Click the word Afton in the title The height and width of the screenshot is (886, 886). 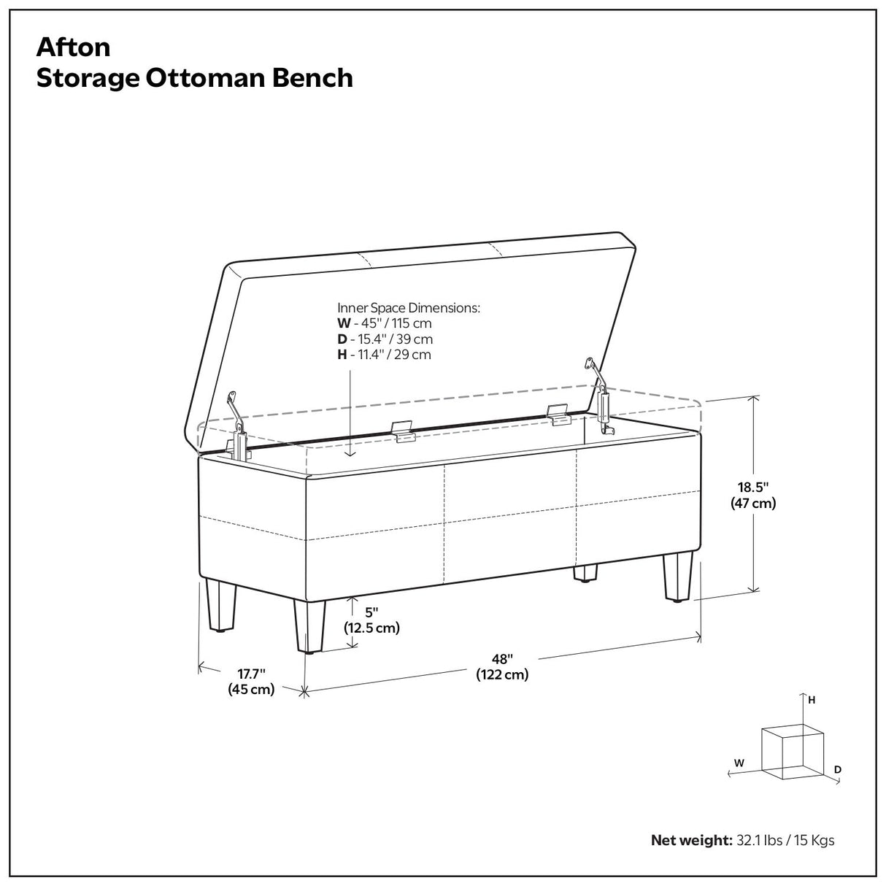click(x=74, y=47)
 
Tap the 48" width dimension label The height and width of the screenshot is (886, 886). click(x=502, y=659)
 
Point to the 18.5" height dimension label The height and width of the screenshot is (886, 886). click(x=752, y=486)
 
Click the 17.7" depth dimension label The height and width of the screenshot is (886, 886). click(x=250, y=673)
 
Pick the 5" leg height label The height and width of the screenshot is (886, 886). click(x=372, y=612)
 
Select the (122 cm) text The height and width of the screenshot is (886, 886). click(x=502, y=675)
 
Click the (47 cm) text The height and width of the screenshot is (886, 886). click(x=752, y=503)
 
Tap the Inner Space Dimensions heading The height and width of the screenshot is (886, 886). click(x=409, y=308)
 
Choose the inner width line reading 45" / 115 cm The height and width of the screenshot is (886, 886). click(x=385, y=323)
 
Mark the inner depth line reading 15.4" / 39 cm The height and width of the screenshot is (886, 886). click(x=385, y=339)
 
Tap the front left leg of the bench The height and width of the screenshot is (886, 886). click(x=309, y=625)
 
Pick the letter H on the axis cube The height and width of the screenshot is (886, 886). click(x=811, y=700)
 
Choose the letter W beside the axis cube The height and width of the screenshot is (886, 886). click(x=739, y=762)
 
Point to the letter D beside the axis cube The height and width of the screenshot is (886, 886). click(x=838, y=769)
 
